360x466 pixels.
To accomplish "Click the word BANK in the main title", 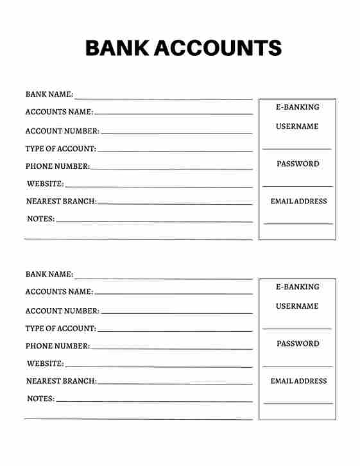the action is coord(117,48).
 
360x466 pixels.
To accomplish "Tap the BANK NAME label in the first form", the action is coord(49,94).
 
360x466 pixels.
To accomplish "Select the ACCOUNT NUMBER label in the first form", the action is coord(62,131).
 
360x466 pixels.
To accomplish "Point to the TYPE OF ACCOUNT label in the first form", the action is coord(60,149).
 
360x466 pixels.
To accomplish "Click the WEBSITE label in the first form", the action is coord(45,184).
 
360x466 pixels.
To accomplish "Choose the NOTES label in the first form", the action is coord(40,219).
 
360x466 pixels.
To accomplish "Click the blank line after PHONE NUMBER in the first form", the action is coord(171,169).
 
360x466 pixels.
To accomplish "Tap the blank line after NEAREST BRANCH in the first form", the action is coord(175,205).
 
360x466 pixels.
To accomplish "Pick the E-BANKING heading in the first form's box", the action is coord(297,107).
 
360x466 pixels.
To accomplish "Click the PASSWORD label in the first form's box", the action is coord(298,164).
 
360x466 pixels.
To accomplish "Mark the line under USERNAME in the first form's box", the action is coord(296,149).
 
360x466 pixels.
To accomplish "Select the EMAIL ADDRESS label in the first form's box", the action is coord(298,202).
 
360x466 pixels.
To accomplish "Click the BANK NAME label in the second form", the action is coord(49,274).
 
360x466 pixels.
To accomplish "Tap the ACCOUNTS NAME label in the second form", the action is coord(59,291).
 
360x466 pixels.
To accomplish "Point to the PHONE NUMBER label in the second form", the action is coord(57,346).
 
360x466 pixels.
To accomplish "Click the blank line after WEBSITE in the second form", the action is coord(159,367).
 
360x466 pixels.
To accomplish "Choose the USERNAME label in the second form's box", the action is coord(297,306).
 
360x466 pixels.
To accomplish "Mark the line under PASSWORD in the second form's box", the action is coord(297,366).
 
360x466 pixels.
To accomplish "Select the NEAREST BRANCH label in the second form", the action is coord(61,381).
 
